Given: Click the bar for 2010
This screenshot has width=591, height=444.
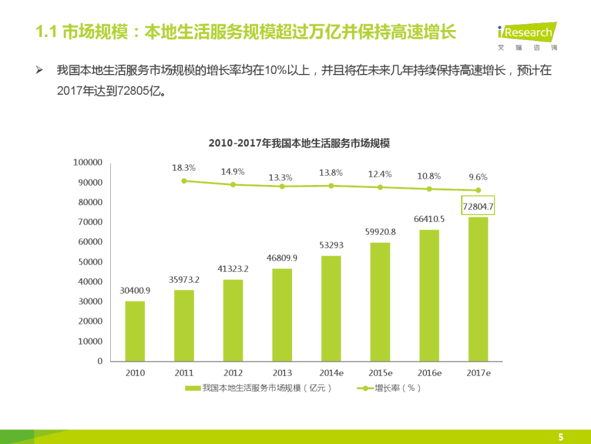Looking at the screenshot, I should pos(135,331).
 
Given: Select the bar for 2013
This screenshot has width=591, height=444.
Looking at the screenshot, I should pos(282,314).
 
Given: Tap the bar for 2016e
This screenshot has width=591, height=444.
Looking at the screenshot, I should pos(429,295).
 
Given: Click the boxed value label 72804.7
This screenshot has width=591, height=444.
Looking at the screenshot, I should pos(478,206).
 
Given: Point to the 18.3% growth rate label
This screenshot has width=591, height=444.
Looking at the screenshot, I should pos(184,168).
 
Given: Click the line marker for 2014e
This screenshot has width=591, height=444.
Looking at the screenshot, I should pos(331,186).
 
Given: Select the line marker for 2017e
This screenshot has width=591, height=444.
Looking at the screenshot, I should pos(478,190).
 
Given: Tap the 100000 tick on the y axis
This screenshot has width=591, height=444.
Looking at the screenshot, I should pos(88,162).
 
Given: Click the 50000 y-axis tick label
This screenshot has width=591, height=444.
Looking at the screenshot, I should pos(90,262).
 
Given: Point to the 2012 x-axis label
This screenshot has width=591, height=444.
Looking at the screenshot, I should pos(233,373).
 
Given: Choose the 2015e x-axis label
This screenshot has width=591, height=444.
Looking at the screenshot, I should pos(380,373).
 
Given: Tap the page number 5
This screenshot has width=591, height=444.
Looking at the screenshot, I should pos(560,436).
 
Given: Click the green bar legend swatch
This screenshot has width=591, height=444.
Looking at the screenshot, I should pos(193,388).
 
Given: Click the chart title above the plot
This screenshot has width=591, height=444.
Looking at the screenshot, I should pos(299,143).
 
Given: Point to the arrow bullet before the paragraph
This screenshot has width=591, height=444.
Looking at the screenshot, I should pos(40,71).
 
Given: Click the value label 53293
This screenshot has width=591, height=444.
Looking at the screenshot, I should pos(331,245).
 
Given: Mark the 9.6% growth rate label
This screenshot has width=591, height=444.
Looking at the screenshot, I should pos(477,177).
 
